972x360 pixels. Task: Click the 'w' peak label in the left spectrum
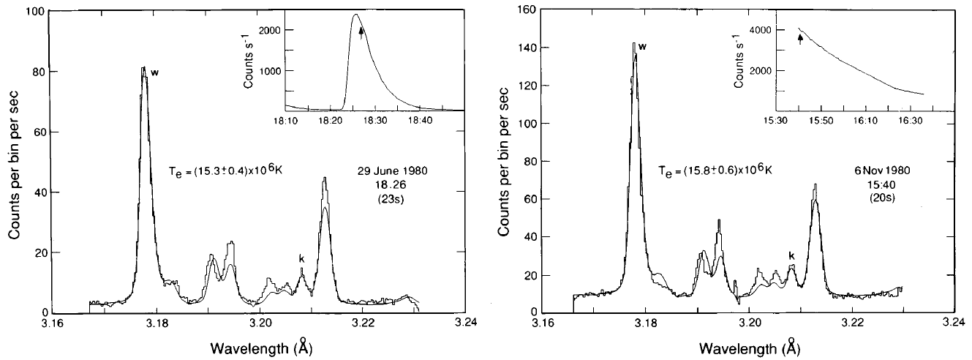click(x=154, y=72)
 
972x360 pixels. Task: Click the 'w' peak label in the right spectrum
click(x=642, y=48)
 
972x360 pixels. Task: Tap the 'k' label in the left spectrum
click(x=301, y=258)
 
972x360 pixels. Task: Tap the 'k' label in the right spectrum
click(x=791, y=255)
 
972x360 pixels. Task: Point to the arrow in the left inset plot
click(x=361, y=32)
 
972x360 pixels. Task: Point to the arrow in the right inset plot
click(x=800, y=37)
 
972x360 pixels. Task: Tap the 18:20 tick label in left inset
click(x=331, y=119)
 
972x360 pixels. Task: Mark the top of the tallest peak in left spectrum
click(x=144, y=67)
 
